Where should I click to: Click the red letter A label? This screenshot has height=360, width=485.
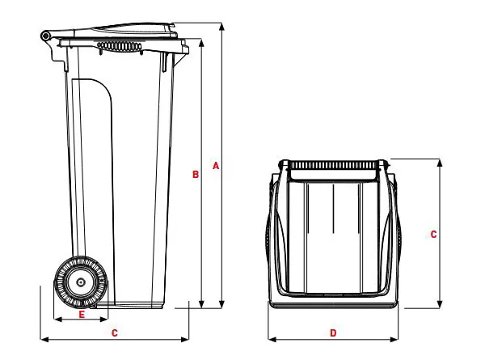point(215,166)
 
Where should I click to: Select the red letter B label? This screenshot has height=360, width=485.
point(196,174)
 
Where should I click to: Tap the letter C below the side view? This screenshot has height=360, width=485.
point(115,332)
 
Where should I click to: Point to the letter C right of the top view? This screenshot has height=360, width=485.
point(433,235)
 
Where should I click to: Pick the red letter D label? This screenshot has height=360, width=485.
point(333,332)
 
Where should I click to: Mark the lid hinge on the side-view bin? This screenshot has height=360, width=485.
point(47,36)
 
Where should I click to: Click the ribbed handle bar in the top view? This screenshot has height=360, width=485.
point(333,164)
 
